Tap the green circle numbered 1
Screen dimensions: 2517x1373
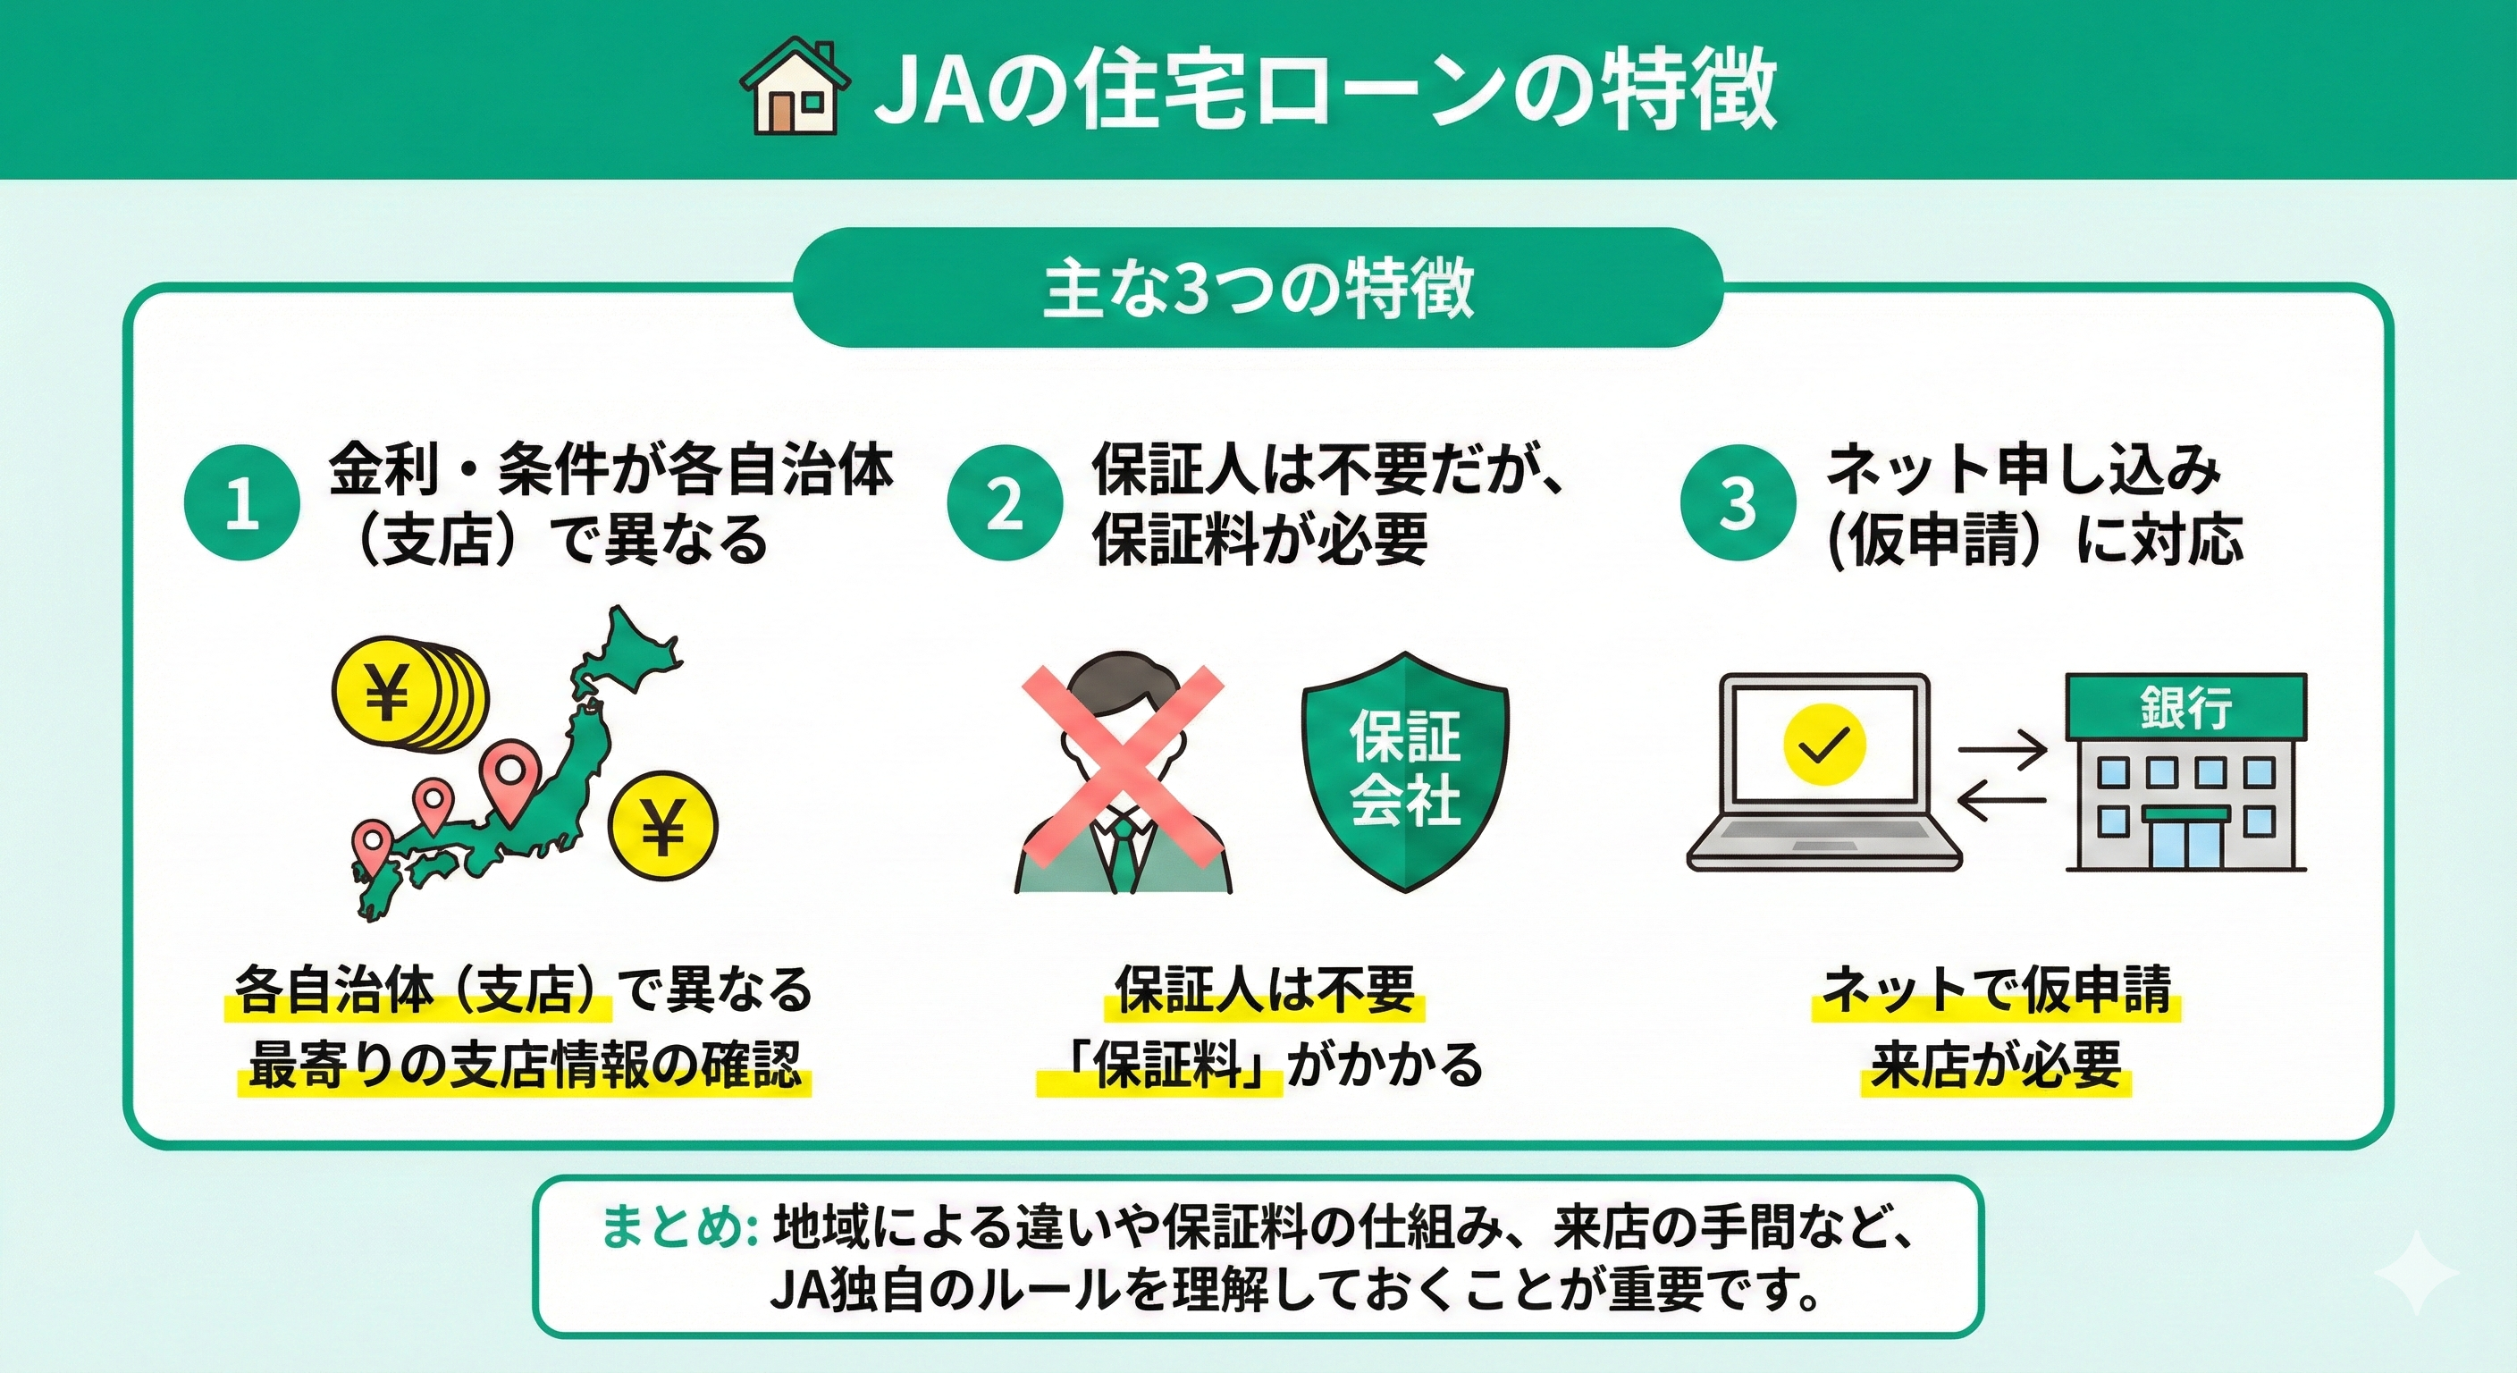point(242,502)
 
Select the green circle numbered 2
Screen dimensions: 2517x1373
point(1005,502)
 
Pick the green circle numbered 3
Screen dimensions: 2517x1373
point(1738,502)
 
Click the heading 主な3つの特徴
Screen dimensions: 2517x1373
point(1258,290)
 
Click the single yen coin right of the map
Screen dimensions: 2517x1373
point(662,827)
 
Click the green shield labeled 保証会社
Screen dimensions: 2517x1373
point(1405,772)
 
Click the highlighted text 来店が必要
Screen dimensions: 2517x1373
point(1996,1065)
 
